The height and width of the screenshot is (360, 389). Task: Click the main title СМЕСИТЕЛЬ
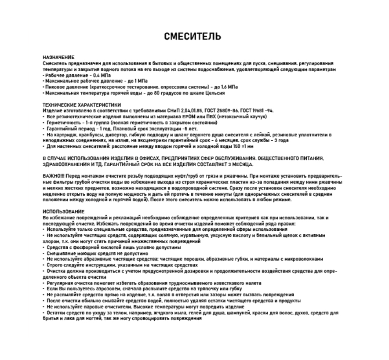click(193, 36)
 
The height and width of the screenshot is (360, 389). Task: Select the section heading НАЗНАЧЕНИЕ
click(58, 58)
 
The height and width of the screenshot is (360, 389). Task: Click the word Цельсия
click(214, 93)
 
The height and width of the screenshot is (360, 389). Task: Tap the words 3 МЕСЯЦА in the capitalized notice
click(237, 164)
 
